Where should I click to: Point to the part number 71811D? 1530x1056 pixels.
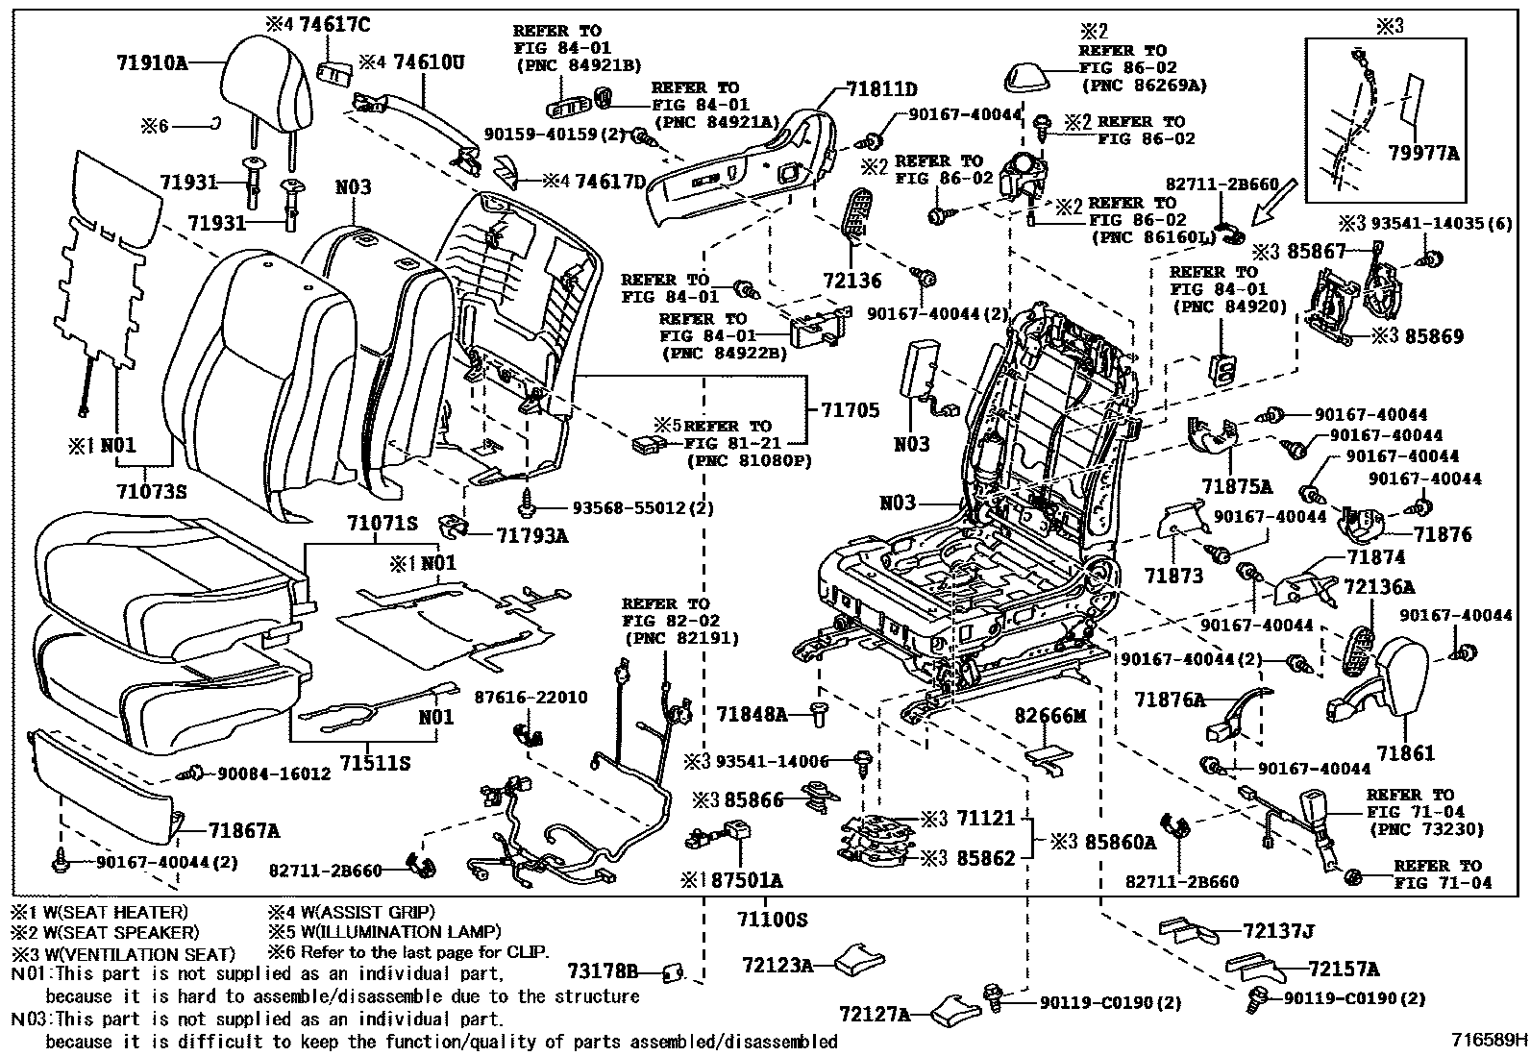[x=881, y=90]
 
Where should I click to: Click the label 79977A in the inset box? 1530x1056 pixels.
[x=1423, y=153]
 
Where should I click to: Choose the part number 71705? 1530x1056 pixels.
[x=851, y=410]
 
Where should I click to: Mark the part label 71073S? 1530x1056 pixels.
[x=151, y=493]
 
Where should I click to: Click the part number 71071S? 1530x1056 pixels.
[x=382, y=524]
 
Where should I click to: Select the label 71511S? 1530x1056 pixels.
[x=377, y=763]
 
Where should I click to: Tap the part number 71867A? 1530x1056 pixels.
[x=245, y=830]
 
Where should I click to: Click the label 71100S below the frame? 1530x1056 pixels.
[x=771, y=920]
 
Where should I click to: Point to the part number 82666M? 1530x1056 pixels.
[x=1051, y=716]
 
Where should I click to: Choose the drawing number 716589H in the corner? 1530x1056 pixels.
[x=1489, y=1039]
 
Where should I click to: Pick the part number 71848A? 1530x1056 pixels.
[x=753, y=714]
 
